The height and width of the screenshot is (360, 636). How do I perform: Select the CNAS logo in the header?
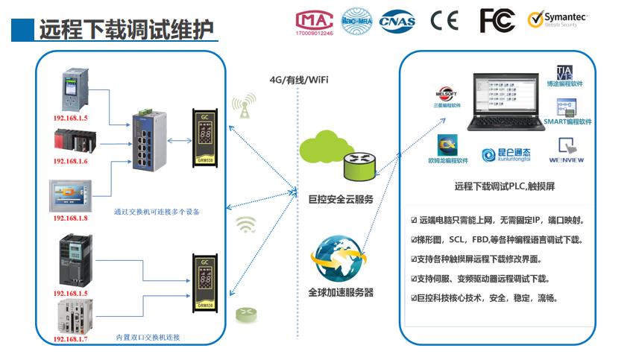397,22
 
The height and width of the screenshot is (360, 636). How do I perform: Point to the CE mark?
444,21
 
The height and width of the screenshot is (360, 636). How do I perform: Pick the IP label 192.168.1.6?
70,161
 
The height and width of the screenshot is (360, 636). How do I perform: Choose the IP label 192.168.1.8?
70,218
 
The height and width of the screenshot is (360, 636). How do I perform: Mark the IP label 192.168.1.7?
70,339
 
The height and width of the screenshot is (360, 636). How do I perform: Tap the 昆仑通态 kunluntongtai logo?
505,154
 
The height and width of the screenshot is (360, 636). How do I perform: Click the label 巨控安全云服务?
341,200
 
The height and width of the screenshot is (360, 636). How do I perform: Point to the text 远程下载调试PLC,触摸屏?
503,187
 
